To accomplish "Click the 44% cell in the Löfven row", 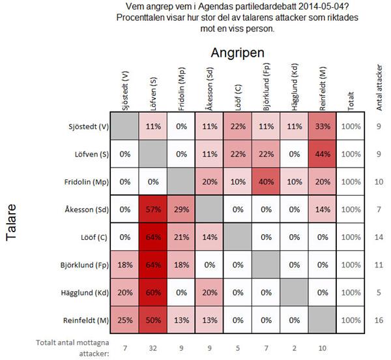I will (322, 154).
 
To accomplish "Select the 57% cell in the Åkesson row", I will (153, 210).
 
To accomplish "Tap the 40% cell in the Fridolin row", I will (266, 182).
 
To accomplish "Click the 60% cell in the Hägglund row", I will (153, 293).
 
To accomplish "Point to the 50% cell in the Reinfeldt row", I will (153, 321).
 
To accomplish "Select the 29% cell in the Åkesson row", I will (181, 210).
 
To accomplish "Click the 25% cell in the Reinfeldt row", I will (125, 321).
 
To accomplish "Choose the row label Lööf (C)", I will (92, 238).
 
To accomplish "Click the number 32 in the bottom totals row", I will (153, 345).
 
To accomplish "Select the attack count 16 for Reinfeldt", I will (379, 321).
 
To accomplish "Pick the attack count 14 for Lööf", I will (379, 238).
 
